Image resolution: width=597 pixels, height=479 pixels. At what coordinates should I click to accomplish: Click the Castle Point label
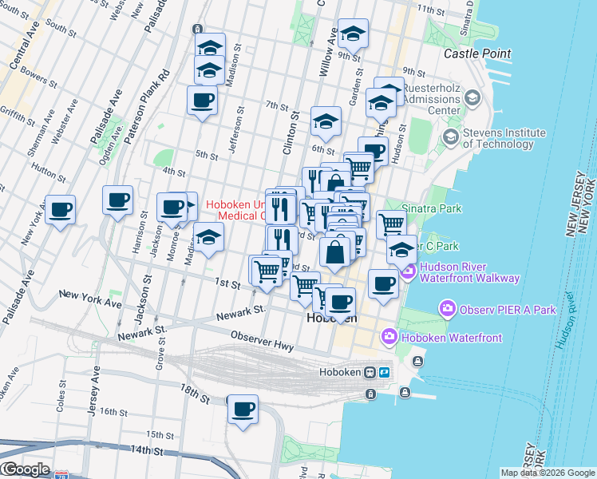477,53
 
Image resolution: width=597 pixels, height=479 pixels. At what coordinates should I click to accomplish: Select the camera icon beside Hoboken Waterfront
390,337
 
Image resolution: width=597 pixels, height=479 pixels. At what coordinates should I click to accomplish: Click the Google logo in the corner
26,469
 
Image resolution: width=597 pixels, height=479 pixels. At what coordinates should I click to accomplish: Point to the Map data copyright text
547,473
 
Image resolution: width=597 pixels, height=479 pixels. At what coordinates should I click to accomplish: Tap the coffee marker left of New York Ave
61,210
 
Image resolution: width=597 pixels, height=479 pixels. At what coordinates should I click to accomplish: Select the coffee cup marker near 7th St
202,101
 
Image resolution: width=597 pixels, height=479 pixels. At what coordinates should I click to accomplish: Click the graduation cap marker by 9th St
353,34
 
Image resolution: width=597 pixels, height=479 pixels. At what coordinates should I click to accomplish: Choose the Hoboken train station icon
370,373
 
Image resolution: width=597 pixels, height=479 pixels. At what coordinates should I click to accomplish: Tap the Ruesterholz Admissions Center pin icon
472,97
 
